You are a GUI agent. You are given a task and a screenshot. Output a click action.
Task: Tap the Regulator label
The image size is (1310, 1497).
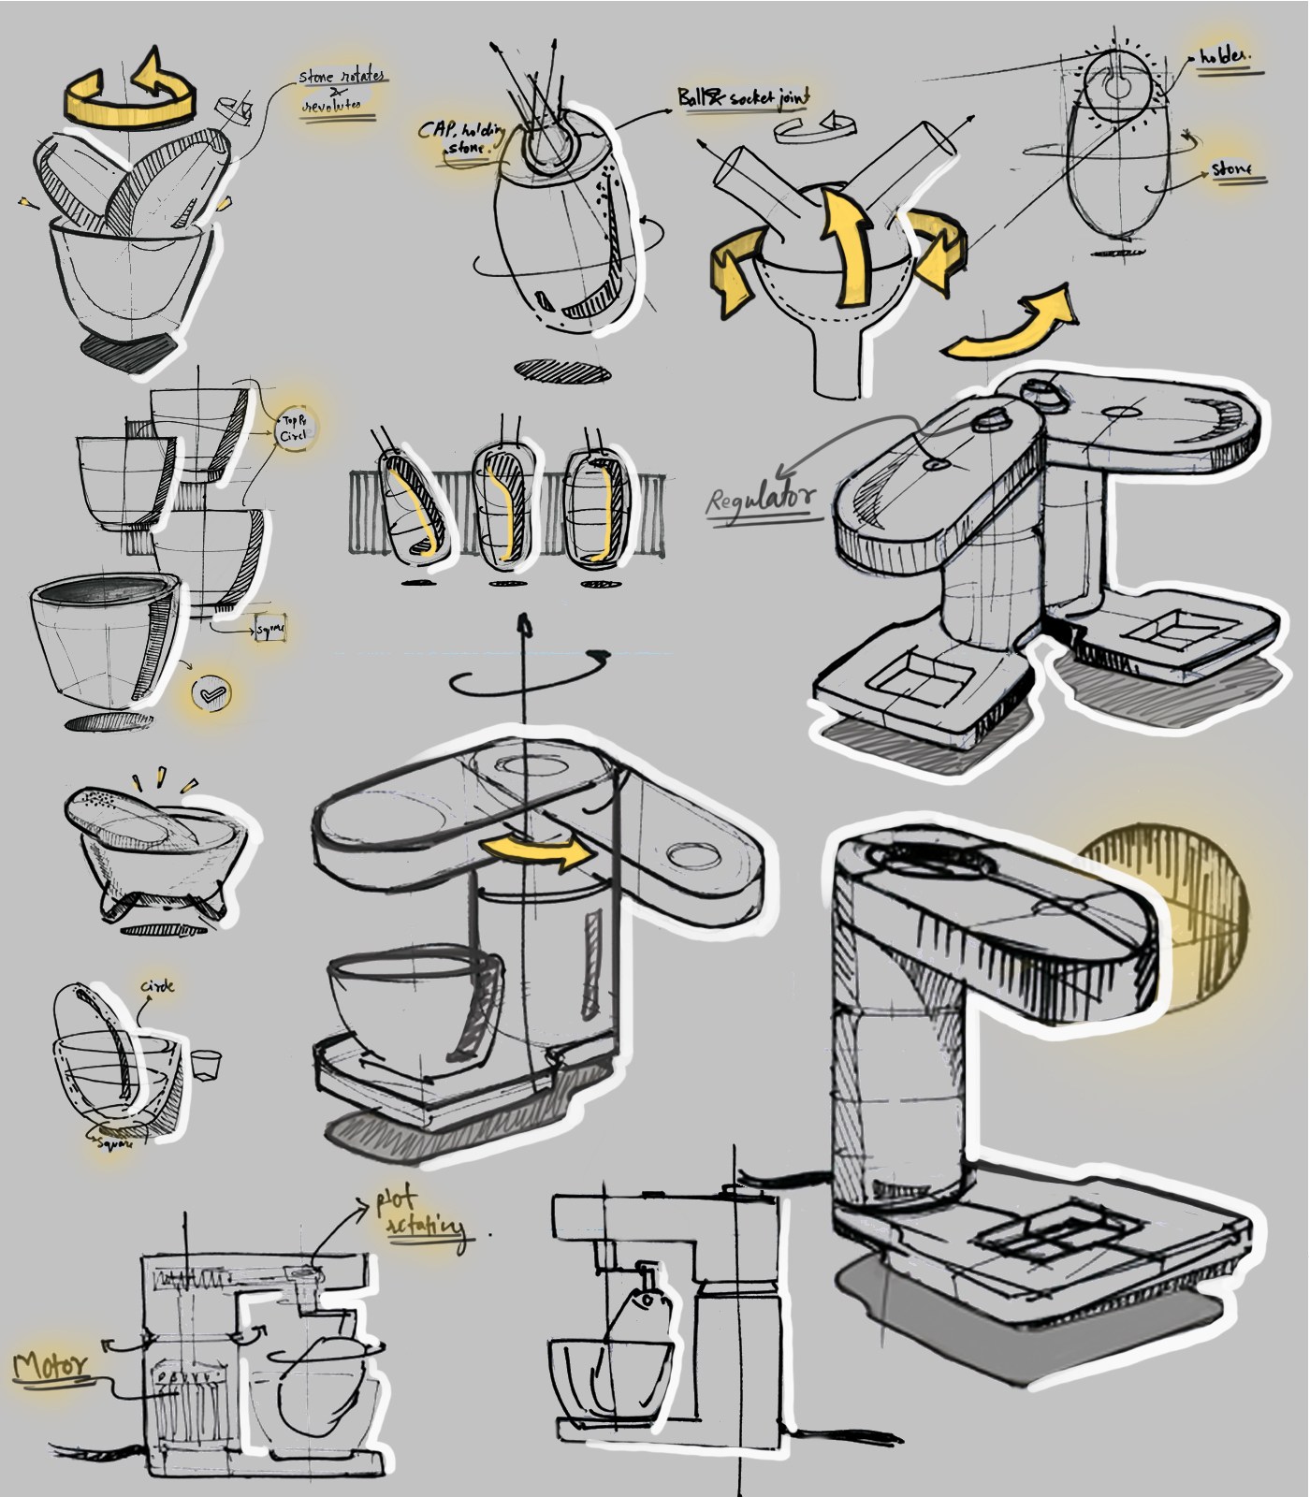pos(760,498)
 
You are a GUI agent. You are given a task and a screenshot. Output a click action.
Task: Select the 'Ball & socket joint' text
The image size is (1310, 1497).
pos(744,97)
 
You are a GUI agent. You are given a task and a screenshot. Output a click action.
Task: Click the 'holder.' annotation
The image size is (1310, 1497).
pos(1223,58)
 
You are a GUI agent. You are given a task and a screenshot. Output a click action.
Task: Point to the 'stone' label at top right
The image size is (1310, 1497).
pos(1232,169)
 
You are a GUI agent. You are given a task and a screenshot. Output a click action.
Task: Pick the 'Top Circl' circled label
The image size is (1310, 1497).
pos(294,429)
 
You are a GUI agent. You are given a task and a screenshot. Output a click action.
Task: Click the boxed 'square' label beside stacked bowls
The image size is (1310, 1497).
pos(270,629)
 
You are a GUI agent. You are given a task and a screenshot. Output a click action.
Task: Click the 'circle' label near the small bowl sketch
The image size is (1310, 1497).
pos(157,986)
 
